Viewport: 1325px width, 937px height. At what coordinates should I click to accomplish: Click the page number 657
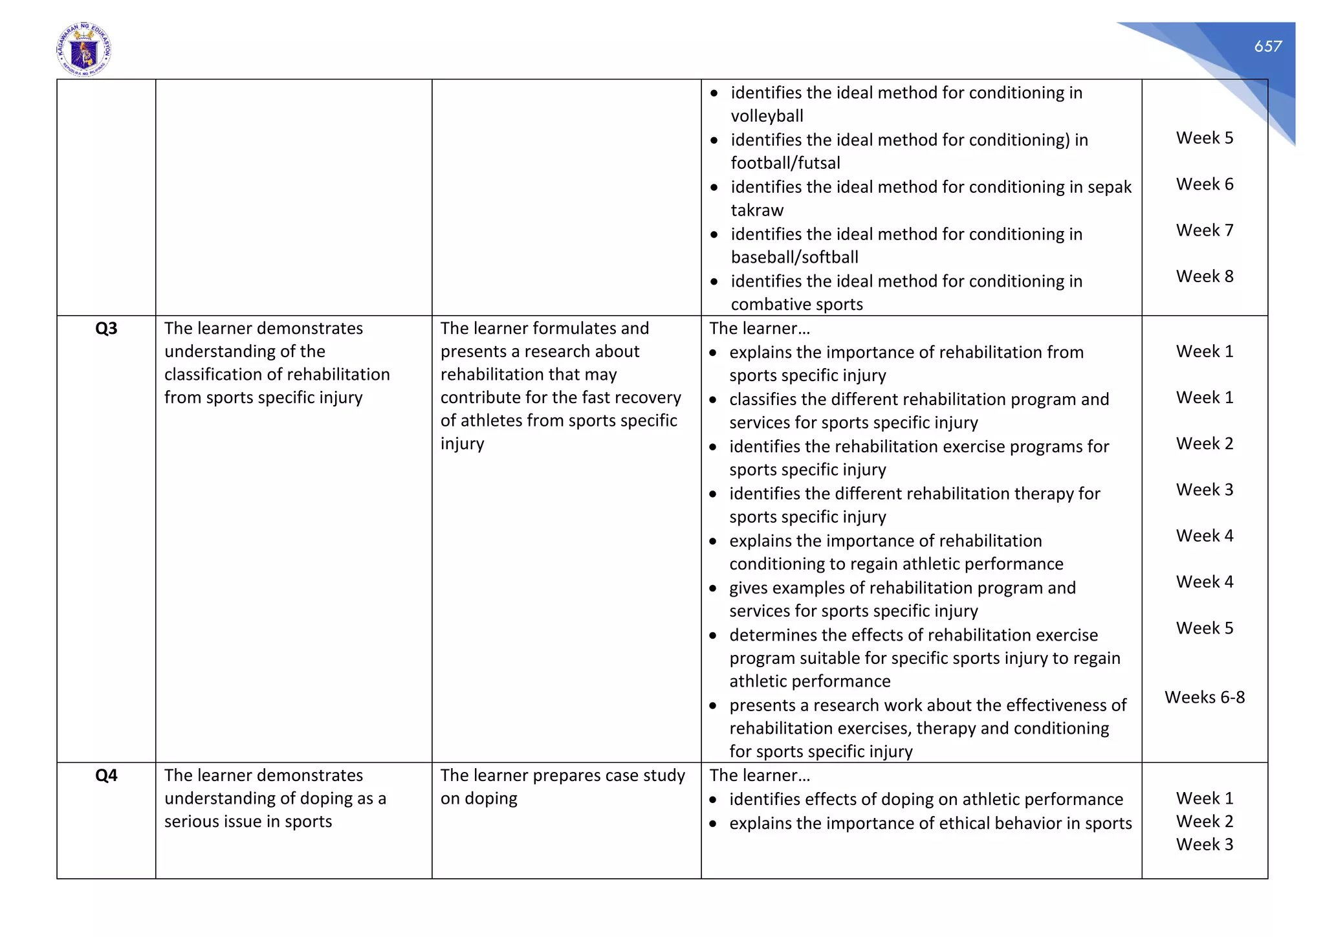click(1267, 46)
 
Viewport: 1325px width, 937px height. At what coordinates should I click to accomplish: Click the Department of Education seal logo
click(84, 50)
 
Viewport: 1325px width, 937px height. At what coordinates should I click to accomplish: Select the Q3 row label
click(106, 329)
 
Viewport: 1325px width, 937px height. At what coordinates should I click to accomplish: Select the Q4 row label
click(106, 775)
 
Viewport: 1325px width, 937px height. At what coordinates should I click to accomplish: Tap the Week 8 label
click(1204, 276)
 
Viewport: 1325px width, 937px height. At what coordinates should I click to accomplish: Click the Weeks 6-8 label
click(1204, 697)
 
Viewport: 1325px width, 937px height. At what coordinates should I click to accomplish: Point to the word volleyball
click(767, 116)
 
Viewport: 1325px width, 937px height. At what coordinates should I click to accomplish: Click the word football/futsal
click(785, 163)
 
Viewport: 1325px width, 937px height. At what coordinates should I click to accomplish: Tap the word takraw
click(757, 210)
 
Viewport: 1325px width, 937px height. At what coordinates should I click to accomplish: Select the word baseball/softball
click(794, 258)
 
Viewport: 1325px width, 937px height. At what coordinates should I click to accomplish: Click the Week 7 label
click(1204, 230)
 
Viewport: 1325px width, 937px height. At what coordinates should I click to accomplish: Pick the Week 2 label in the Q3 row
click(1204, 443)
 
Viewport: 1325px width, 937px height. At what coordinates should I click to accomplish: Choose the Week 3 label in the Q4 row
click(1204, 844)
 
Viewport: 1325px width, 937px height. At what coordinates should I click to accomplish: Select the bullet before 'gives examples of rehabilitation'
click(713, 589)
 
